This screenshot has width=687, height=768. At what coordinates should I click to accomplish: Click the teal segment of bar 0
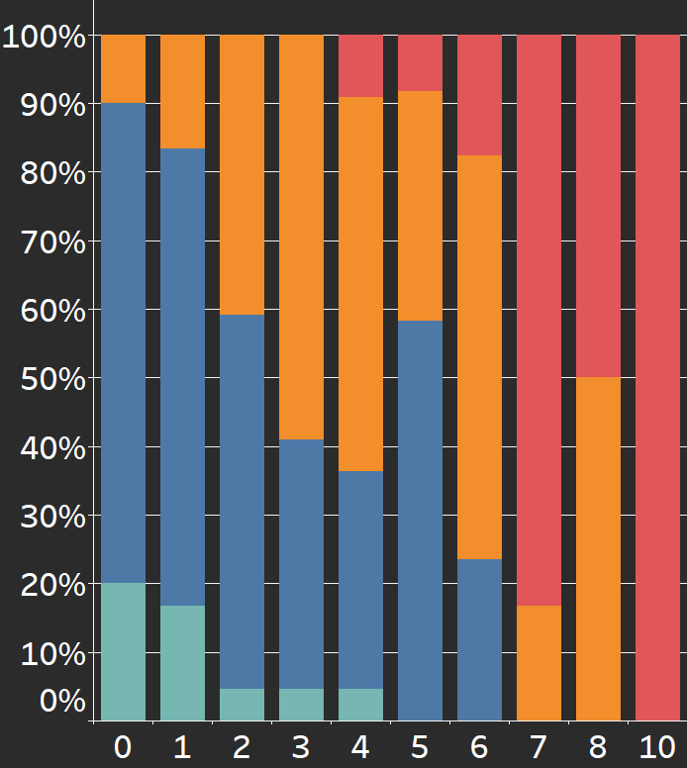(124, 651)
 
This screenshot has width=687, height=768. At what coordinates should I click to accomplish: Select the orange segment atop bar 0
(124, 68)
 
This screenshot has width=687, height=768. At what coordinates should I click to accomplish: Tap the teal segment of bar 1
(183, 662)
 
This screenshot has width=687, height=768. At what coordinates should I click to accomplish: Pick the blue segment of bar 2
(243, 501)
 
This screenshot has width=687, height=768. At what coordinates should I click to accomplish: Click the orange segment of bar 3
(302, 237)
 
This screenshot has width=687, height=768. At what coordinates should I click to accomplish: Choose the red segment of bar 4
(361, 65)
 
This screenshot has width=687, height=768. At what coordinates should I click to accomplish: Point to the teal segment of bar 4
(361, 704)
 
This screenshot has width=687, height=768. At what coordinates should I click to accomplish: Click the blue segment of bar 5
(421, 520)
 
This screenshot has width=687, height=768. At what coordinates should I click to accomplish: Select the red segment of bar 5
(421, 62)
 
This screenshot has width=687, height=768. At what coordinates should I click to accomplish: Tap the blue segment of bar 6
(480, 639)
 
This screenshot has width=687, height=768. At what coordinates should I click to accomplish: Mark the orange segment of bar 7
(540, 662)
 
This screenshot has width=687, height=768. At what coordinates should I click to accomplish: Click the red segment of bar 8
(599, 206)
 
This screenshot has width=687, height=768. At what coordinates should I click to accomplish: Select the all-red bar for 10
(658, 377)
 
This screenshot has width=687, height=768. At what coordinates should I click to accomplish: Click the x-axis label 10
(657, 747)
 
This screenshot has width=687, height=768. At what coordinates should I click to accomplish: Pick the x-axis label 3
(302, 747)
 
